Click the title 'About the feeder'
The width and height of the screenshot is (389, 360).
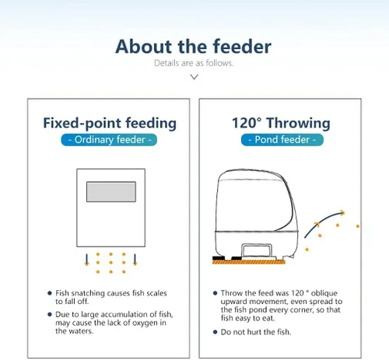(x=194, y=47)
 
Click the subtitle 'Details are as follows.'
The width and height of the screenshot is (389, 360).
(x=194, y=63)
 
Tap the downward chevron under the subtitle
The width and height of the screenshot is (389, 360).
(x=194, y=77)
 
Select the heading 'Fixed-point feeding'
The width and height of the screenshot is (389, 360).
(x=110, y=123)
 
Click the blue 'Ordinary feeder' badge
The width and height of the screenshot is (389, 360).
(x=109, y=140)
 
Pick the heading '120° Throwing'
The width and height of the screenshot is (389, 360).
(x=281, y=123)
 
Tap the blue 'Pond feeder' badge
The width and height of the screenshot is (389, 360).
(x=282, y=140)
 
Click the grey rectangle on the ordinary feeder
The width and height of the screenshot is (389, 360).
(x=111, y=192)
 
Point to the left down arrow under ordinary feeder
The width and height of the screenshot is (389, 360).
(x=87, y=260)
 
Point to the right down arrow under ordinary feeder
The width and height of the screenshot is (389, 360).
(x=135, y=260)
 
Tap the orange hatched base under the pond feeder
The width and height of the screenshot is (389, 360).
(x=249, y=262)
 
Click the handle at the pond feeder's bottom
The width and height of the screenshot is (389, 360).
(x=257, y=250)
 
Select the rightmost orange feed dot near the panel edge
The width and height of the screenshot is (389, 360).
(x=358, y=226)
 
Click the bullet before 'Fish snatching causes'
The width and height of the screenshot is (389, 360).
(x=50, y=293)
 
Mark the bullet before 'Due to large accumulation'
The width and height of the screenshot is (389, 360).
(x=50, y=314)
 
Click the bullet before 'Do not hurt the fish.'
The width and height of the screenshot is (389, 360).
(x=215, y=332)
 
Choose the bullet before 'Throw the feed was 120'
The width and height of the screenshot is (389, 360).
(x=215, y=293)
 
